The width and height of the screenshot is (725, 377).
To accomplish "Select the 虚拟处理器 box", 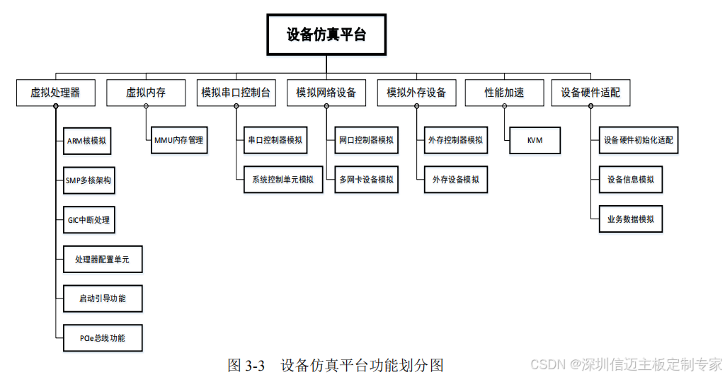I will [55, 93].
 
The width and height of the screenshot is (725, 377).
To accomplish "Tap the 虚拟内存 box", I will [146, 93].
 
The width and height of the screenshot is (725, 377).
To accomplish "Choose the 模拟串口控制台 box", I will [236, 93].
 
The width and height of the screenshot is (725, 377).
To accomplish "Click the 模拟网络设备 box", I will [326, 93].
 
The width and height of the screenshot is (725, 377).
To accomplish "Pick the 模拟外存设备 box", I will [416, 93].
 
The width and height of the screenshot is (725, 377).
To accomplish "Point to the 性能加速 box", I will [504, 93].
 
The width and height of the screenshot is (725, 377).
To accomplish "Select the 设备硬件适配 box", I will [590, 93].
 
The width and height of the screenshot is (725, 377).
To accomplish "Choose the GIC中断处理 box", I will [84, 220].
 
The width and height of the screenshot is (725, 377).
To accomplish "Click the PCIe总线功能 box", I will [103, 338].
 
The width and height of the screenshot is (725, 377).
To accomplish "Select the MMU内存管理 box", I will [178, 140].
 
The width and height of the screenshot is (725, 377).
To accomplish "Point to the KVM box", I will [535, 140].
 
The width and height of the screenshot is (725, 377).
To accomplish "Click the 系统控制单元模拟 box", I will [282, 180].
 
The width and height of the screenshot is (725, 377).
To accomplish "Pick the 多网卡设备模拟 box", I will [366, 180].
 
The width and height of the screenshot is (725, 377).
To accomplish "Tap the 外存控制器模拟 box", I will [456, 140].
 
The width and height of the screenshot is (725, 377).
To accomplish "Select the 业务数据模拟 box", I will [631, 219].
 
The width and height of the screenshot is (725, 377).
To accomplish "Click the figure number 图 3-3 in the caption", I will [246, 366].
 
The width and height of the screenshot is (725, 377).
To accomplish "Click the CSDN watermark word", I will [546, 364].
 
